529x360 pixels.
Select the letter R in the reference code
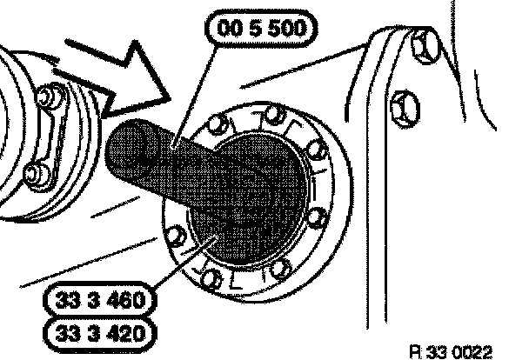coord(414,350)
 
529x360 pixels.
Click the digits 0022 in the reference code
coord(474,350)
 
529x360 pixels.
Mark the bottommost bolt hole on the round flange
coord(209,279)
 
